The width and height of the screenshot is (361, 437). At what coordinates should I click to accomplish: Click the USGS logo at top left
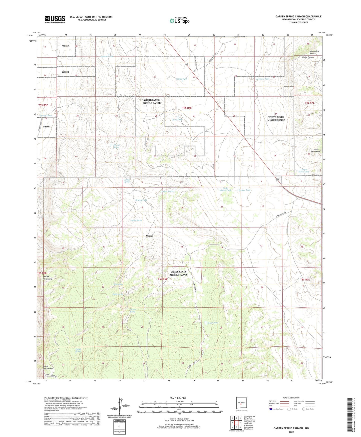pos(55,19)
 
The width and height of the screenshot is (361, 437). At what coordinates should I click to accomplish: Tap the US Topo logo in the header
pos(179,21)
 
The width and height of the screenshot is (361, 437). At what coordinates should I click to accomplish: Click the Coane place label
pos(149,236)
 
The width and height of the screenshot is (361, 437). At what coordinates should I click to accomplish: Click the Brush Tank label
pos(213,323)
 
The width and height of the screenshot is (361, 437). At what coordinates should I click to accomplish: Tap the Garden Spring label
pos(136,220)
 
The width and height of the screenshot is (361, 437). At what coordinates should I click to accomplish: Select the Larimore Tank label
pos(262,79)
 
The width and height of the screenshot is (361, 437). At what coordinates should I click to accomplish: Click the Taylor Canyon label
pos(308,57)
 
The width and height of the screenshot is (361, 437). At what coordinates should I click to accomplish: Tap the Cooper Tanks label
pos(167,191)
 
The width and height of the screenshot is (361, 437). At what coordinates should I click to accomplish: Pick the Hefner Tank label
pos(244,190)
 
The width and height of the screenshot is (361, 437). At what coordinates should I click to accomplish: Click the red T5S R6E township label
pos(187,108)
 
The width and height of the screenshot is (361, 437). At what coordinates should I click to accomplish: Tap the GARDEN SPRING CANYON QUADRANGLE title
pos(298,17)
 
